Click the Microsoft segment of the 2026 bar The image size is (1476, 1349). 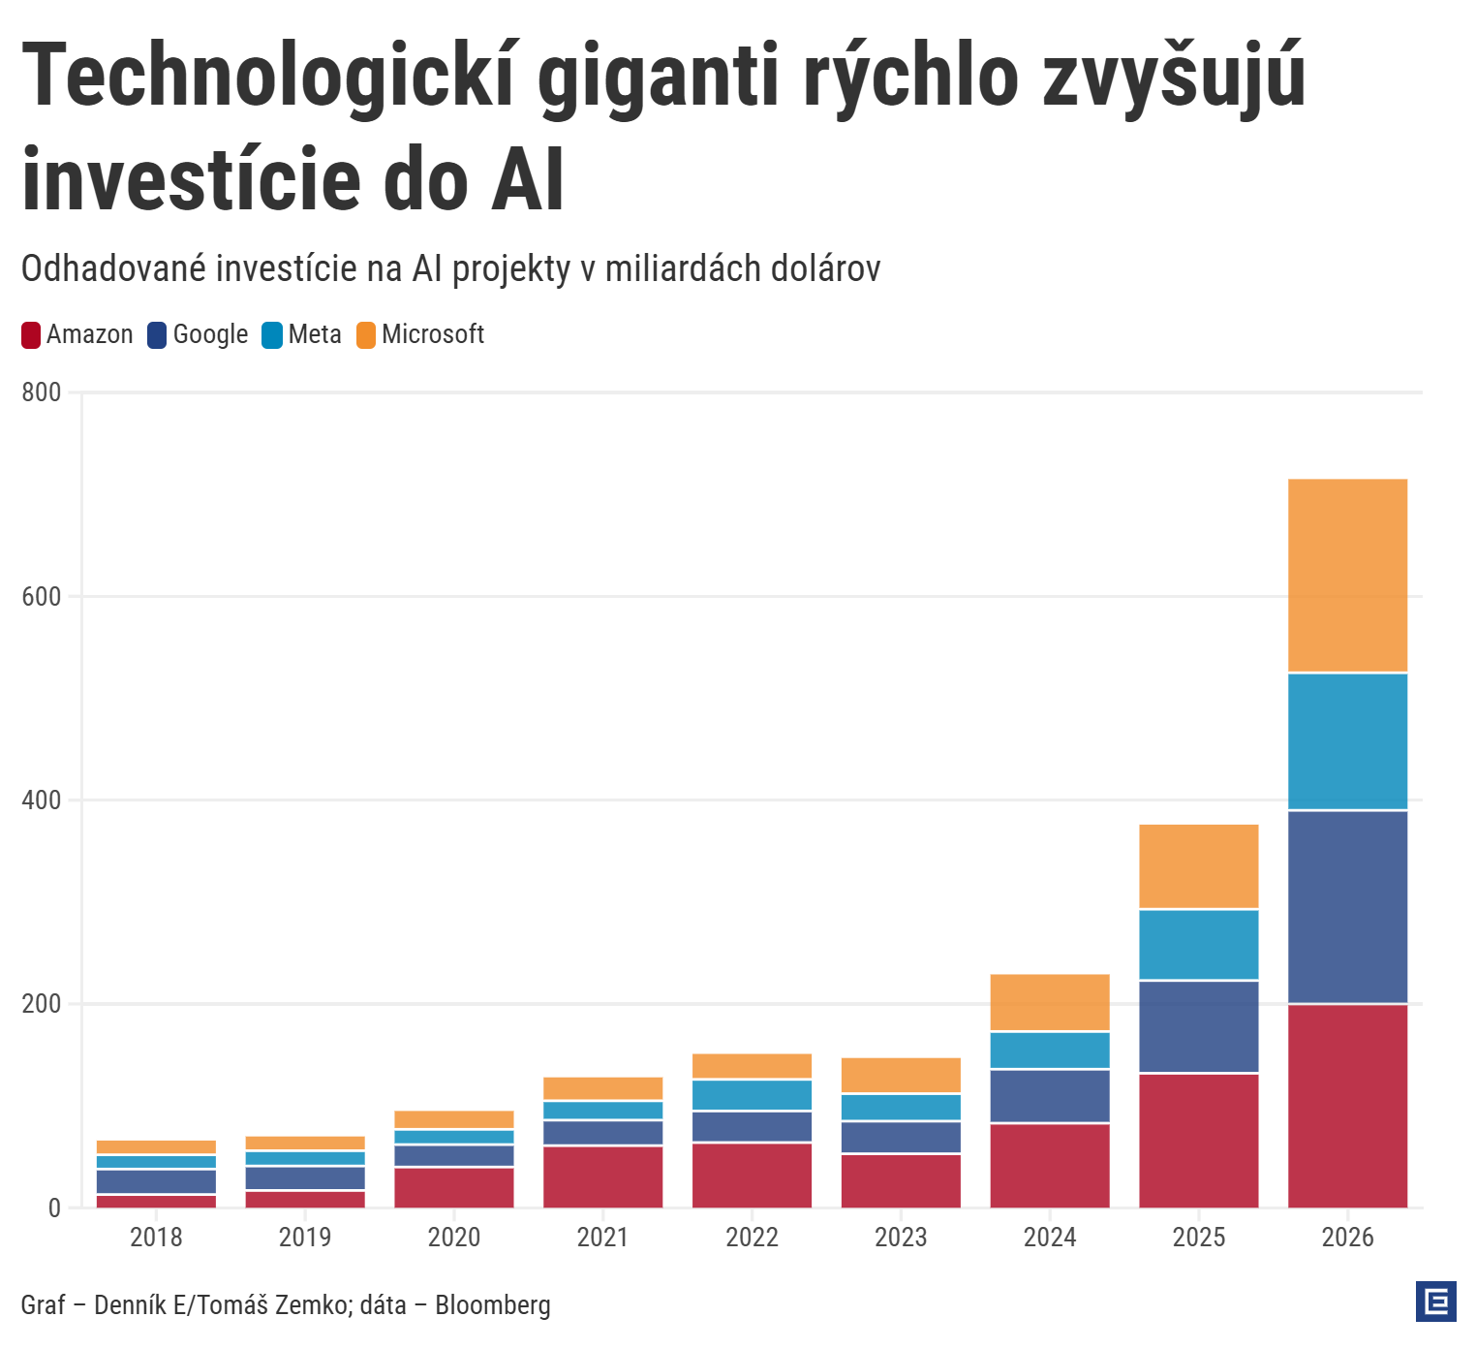[x=1347, y=576]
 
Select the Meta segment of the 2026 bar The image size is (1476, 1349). [x=1347, y=741]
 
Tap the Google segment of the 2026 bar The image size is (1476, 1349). [x=1347, y=907]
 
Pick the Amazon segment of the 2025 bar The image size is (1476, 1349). [x=1198, y=1141]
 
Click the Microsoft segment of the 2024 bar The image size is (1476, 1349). [x=1050, y=1002]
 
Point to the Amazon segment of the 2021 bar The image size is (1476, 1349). [x=602, y=1176]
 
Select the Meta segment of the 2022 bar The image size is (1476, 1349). [x=752, y=1095]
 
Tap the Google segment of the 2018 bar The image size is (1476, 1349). [x=156, y=1181]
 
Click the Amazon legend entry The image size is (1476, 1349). [x=77, y=335]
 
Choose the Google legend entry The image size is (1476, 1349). [x=198, y=335]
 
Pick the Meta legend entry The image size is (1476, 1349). [x=302, y=335]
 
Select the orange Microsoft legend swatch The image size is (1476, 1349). [x=366, y=335]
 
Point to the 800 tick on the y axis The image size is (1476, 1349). [x=41, y=392]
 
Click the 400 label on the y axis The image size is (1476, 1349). [x=41, y=800]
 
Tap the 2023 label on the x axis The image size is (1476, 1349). [x=901, y=1238]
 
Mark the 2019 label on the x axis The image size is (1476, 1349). [x=305, y=1238]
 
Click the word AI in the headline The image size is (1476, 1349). [x=528, y=180]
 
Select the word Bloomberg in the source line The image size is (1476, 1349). [x=492, y=1305]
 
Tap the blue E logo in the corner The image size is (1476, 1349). [x=1435, y=1302]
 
